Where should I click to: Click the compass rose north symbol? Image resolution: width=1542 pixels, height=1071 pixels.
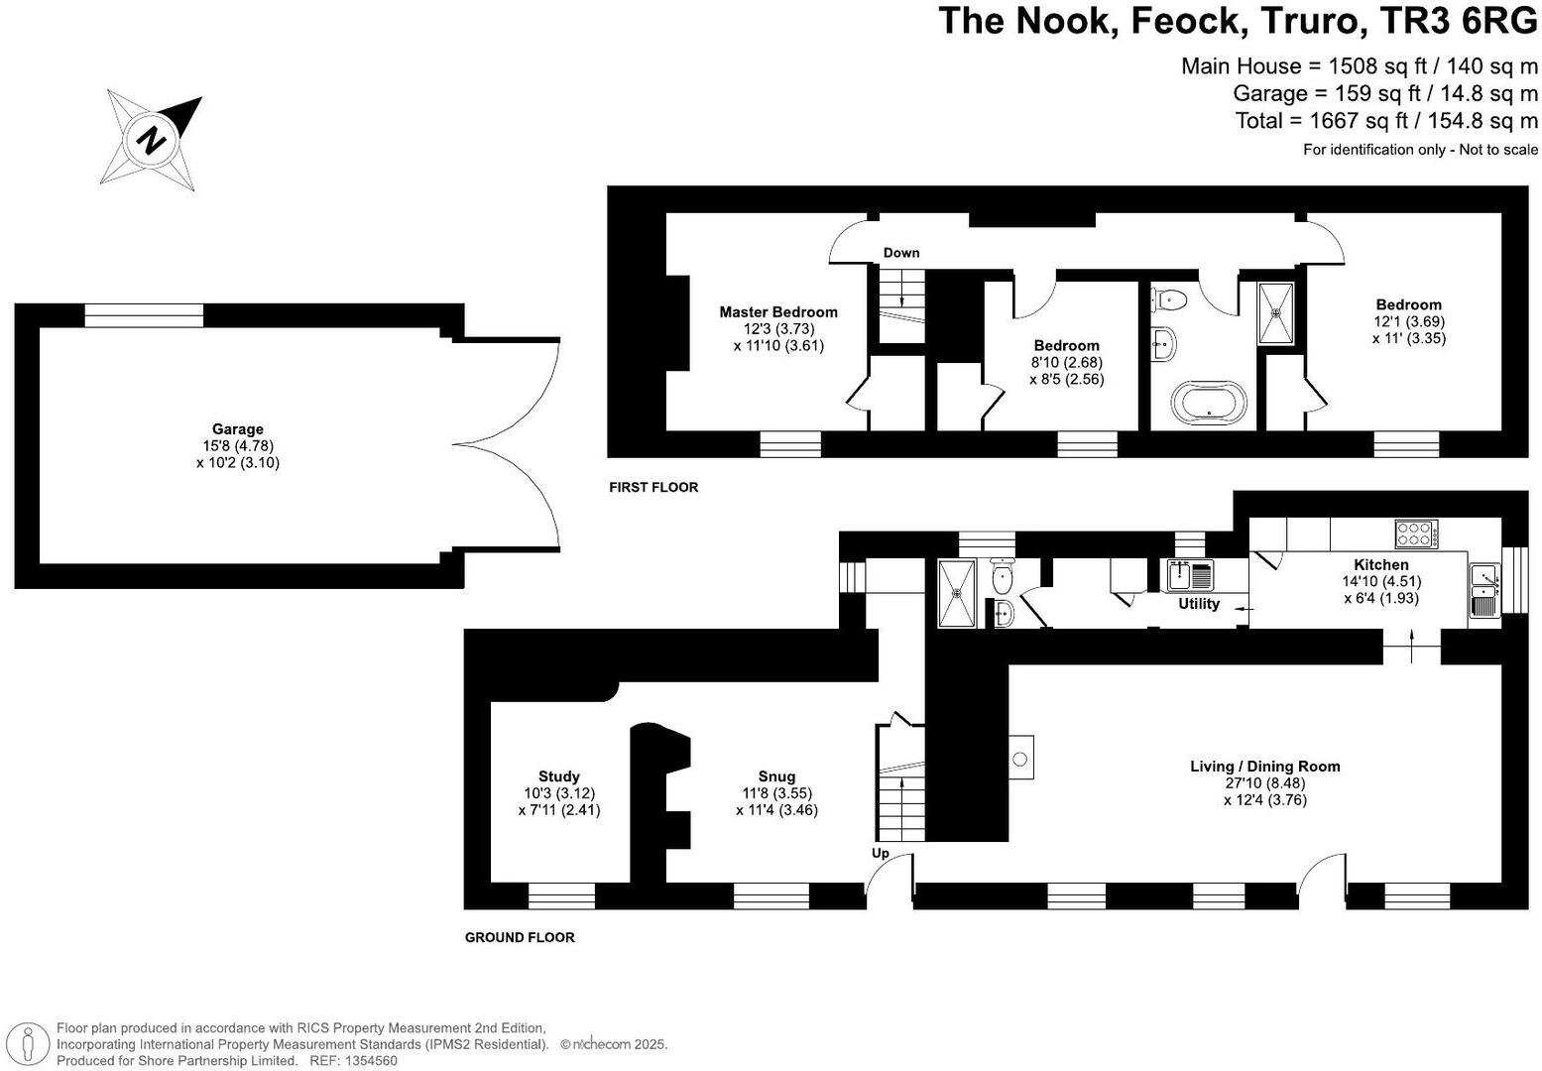click(x=153, y=139)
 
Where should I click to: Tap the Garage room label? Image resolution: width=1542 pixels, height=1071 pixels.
click(x=238, y=429)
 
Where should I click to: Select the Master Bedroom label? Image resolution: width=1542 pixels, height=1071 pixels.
click(x=778, y=312)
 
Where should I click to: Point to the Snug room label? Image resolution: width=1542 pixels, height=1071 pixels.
click(x=776, y=776)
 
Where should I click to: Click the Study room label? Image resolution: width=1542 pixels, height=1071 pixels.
click(x=559, y=776)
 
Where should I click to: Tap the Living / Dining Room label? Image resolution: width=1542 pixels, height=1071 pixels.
click(x=1264, y=767)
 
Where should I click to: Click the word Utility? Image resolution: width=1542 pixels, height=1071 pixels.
click(x=1198, y=604)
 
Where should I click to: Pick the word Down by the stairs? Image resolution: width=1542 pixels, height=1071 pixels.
click(x=901, y=253)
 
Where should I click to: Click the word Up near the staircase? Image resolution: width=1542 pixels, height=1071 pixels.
click(x=881, y=854)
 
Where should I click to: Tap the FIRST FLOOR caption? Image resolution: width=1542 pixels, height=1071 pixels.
click(x=653, y=488)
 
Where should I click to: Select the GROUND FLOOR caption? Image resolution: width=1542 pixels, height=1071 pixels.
click(x=520, y=937)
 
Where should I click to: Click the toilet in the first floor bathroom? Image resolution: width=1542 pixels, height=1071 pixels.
click(x=1171, y=297)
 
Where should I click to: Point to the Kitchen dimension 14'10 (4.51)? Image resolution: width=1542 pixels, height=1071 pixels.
click(x=1381, y=582)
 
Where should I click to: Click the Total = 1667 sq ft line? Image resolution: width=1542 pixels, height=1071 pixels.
click(x=1386, y=121)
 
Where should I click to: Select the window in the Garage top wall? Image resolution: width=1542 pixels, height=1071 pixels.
click(x=144, y=315)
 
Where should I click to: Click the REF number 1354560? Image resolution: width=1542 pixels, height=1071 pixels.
click(x=370, y=1060)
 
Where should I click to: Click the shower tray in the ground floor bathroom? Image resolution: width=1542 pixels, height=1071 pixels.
click(x=958, y=593)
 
